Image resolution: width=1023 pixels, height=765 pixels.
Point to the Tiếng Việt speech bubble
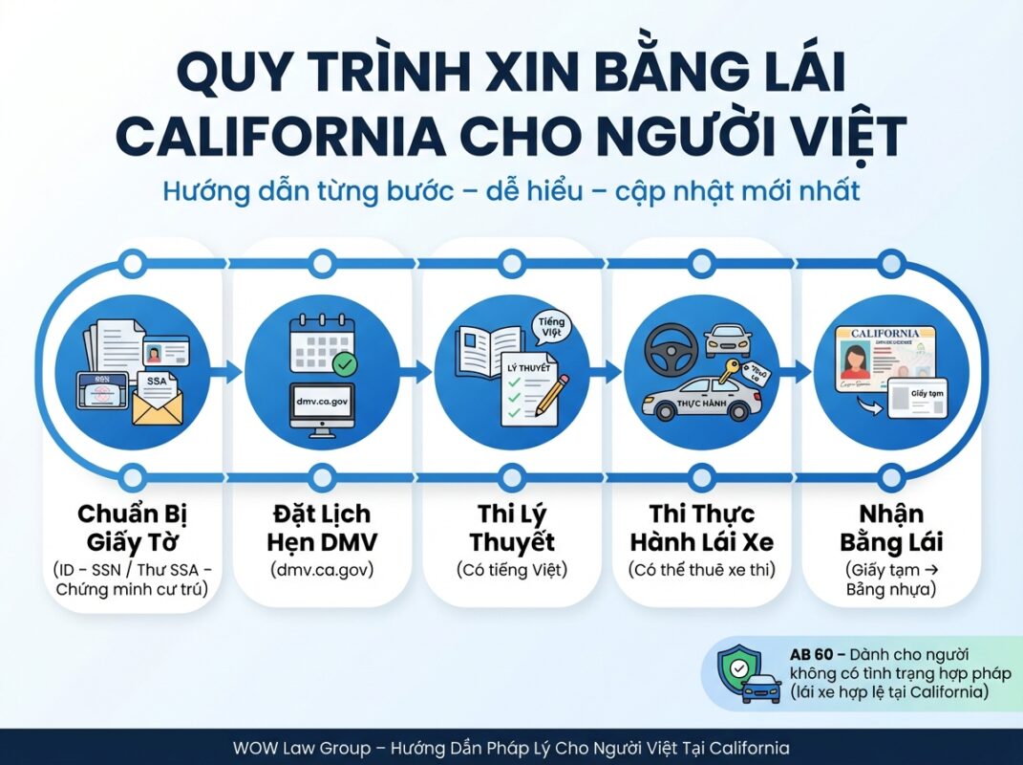[x=552, y=330]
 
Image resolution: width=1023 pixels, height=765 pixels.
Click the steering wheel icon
[x=666, y=343]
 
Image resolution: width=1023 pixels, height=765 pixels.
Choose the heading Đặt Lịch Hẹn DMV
[x=321, y=529]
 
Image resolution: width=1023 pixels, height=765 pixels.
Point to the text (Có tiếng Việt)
[x=511, y=571]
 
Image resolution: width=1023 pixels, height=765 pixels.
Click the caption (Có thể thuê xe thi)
[x=700, y=571]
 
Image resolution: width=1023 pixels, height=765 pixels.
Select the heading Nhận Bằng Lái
[x=890, y=529]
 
